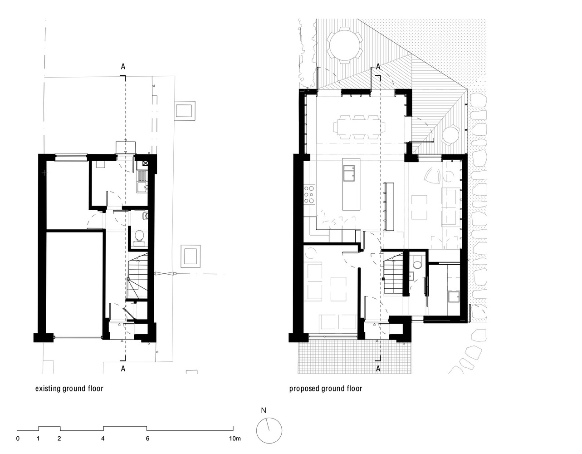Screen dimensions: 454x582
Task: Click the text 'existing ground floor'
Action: tap(69, 389)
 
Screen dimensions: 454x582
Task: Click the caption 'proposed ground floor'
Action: tap(326, 389)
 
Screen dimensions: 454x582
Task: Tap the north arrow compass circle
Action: tap(269, 430)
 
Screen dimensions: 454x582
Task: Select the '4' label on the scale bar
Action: tap(103, 439)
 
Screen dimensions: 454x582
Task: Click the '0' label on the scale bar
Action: tap(18, 439)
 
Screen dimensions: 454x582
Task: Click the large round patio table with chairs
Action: tap(346, 45)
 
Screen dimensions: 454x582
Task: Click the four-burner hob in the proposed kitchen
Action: tap(310, 194)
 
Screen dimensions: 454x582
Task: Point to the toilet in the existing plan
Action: tap(139, 237)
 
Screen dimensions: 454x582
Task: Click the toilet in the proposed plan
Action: tap(417, 262)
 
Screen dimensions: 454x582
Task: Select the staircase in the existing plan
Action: tap(135, 277)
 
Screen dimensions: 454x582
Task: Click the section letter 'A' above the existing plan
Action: tap(123, 67)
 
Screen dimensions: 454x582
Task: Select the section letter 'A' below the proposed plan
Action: tap(378, 369)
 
